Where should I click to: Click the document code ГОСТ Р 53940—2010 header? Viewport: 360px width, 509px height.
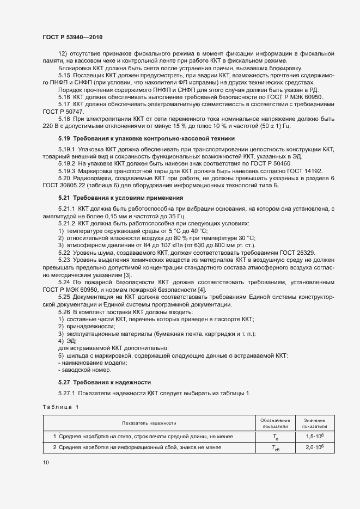pos(72,36)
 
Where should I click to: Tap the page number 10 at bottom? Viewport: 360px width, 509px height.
pos(45,463)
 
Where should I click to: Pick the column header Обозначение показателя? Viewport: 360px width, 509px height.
pos(275,423)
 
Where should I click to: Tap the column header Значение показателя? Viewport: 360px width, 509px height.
pos(315,423)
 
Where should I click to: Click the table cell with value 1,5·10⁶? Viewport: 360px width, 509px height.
pos(315,437)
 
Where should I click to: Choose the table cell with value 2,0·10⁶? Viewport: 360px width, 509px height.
pos(315,447)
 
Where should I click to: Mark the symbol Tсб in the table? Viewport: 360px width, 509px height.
pos(276,448)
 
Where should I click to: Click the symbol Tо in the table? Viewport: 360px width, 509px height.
pos(276,437)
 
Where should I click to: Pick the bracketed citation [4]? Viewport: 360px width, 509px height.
pos(202,290)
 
